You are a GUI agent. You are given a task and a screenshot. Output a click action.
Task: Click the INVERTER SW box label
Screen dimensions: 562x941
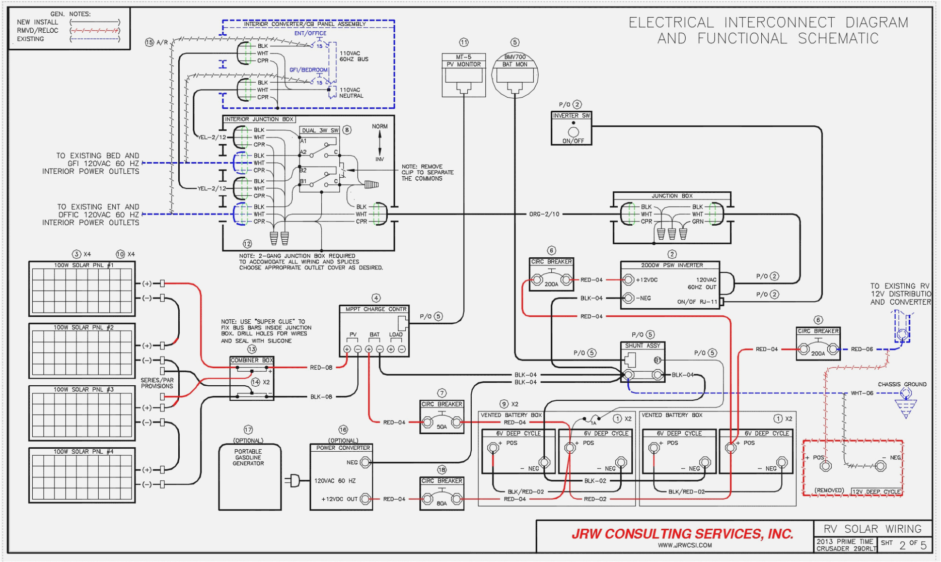pos(571,116)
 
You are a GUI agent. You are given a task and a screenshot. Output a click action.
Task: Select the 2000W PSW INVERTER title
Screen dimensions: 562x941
pos(672,265)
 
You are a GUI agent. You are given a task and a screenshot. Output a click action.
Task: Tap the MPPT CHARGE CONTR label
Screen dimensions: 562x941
pos(376,309)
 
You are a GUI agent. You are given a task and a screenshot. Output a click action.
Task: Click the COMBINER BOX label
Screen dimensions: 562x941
pos(252,361)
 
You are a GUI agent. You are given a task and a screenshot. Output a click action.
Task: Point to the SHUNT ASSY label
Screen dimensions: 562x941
pos(642,346)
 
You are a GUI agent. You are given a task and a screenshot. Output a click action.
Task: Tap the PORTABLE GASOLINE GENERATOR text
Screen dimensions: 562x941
pos(248,457)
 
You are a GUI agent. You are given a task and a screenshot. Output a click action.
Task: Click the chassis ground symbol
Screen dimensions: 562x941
pos(906,408)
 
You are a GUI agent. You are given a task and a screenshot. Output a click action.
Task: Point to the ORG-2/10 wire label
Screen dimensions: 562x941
pos(544,215)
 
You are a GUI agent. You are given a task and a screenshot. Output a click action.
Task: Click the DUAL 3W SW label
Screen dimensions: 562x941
pos(320,130)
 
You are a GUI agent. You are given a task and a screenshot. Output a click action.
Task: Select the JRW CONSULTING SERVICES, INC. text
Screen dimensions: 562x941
pos(682,534)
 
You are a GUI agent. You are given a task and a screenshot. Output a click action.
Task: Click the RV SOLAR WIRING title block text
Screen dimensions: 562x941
pos(872,529)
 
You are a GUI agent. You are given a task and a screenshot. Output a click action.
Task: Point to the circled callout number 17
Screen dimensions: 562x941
pos(248,430)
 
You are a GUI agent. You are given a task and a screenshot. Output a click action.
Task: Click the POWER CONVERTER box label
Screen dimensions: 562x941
pos(343,448)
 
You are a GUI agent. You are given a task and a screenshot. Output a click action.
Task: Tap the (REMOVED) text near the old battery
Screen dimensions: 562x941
pos(829,490)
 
